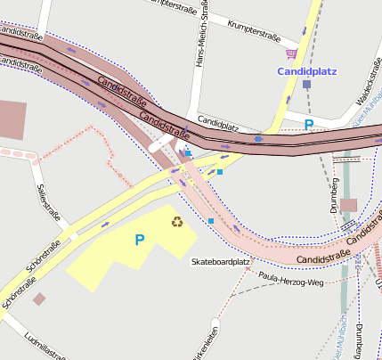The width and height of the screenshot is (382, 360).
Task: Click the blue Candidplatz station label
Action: pyautogui.click(x=307, y=69)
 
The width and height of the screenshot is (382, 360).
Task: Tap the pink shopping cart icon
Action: pyautogui.click(x=291, y=53)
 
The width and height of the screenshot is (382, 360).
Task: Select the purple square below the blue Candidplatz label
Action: pyautogui.click(x=306, y=84)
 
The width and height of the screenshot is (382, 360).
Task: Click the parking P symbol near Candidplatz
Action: pyautogui.click(x=309, y=125)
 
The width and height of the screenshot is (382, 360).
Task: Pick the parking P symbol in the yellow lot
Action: pyautogui.click(x=139, y=240)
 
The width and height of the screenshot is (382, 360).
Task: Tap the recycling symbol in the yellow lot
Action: pyautogui.click(x=177, y=221)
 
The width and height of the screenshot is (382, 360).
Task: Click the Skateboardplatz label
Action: pyautogui.click(x=220, y=262)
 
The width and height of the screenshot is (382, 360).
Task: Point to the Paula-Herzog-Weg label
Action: pyautogui.click(x=289, y=282)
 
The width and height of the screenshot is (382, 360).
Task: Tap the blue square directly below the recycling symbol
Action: pyautogui.click(x=211, y=221)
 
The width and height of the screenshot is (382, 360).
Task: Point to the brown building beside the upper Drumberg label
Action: pyautogui.click(x=348, y=205)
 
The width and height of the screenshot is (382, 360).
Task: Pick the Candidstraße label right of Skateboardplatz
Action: pyautogui.click(x=323, y=258)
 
